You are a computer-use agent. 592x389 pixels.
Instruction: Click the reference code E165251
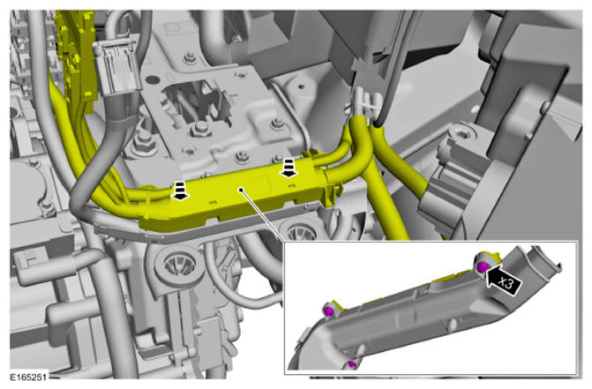(x=28, y=377)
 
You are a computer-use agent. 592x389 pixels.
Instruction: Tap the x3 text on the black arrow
(x=506, y=282)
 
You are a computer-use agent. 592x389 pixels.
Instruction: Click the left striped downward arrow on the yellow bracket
(x=180, y=190)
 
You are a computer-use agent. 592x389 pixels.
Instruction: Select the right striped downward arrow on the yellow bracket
(x=289, y=168)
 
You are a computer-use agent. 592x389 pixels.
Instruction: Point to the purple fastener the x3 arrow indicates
(x=482, y=267)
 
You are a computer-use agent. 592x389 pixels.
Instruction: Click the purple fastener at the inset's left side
(x=328, y=311)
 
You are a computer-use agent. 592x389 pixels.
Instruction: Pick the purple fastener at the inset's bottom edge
(x=352, y=364)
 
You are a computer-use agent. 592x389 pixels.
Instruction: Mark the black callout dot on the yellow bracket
(x=241, y=190)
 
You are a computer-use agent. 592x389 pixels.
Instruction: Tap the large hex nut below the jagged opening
(x=200, y=131)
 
